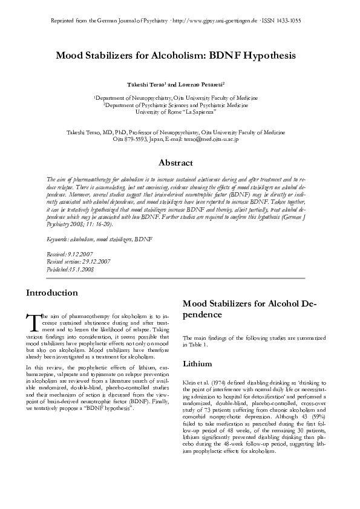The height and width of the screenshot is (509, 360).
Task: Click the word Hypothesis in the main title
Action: point(266,56)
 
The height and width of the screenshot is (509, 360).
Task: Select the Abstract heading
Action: point(175,163)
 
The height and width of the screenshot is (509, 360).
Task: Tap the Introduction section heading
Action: point(51,293)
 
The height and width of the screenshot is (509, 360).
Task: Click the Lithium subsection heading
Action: point(196,365)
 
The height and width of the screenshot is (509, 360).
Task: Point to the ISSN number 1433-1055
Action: point(284,21)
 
